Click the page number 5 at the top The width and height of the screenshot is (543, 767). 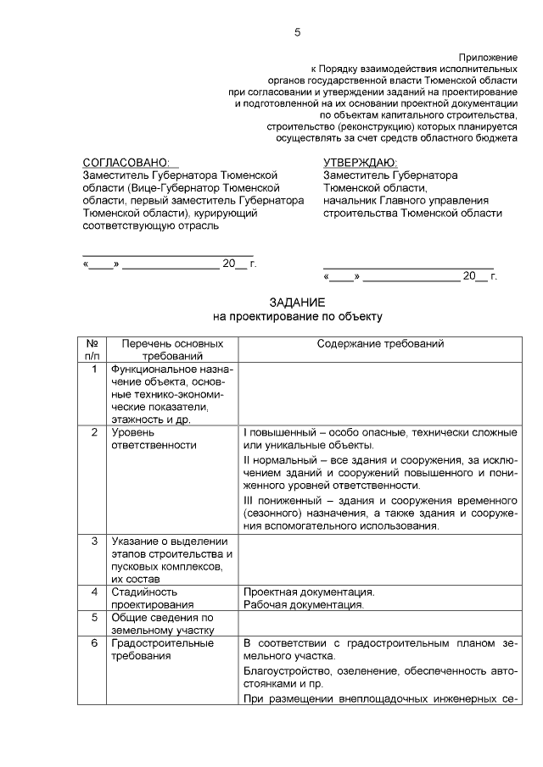click(x=297, y=33)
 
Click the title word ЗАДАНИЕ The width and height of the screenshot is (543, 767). click(x=297, y=303)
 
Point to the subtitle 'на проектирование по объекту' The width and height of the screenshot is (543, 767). click(x=297, y=316)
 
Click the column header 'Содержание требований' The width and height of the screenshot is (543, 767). click(x=380, y=344)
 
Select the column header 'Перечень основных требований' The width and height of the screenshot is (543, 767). click(x=172, y=350)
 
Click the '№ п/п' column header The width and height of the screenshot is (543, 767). click(x=93, y=350)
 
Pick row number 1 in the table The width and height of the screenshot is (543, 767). click(x=93, y=370)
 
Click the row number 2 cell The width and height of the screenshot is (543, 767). click(x=93, y=433)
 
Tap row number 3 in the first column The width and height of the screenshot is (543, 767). click(x=93, y=542)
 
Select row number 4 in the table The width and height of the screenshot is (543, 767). click(x=93, y=592)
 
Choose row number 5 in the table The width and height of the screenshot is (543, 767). click(x=93, y=617)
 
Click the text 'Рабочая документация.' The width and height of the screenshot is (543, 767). click(x=304, y=604)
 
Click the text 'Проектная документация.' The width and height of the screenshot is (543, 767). click(x=309, y=592)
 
